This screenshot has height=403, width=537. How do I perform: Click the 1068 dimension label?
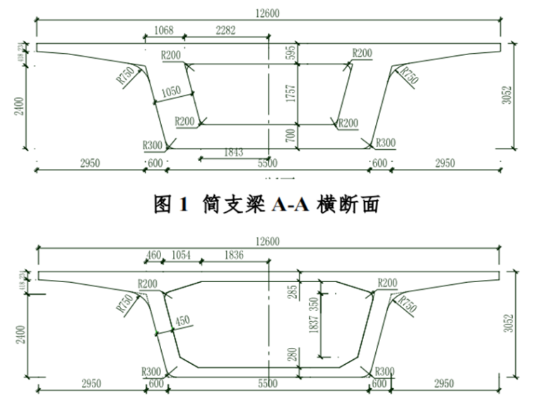point(164,30)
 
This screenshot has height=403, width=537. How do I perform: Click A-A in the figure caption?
point(285,205)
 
